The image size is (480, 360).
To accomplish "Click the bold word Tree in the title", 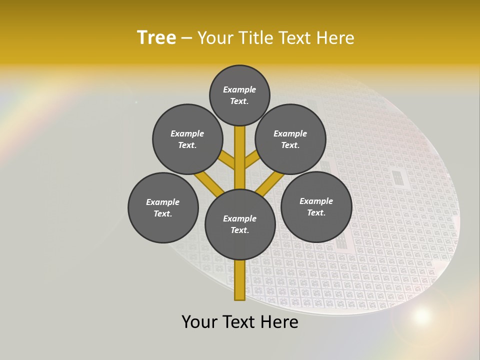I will tap(156, 38).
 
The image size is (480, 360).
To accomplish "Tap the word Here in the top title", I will tap(335, 38).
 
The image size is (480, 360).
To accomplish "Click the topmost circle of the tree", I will tap(239, 95).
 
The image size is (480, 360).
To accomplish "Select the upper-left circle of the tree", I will tap(187, 139).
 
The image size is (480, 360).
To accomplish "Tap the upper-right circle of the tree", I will tap(290, 139).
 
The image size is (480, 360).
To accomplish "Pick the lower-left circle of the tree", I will tap(163, 207).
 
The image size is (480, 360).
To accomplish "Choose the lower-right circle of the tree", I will tap(316, 206).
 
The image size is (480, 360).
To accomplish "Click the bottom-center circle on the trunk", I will tap(240, 224).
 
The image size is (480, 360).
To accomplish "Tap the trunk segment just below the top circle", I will tap(240, 145).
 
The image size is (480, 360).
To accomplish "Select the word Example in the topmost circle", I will tap(239, 90).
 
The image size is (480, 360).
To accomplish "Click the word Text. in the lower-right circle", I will tap(316, 212).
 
